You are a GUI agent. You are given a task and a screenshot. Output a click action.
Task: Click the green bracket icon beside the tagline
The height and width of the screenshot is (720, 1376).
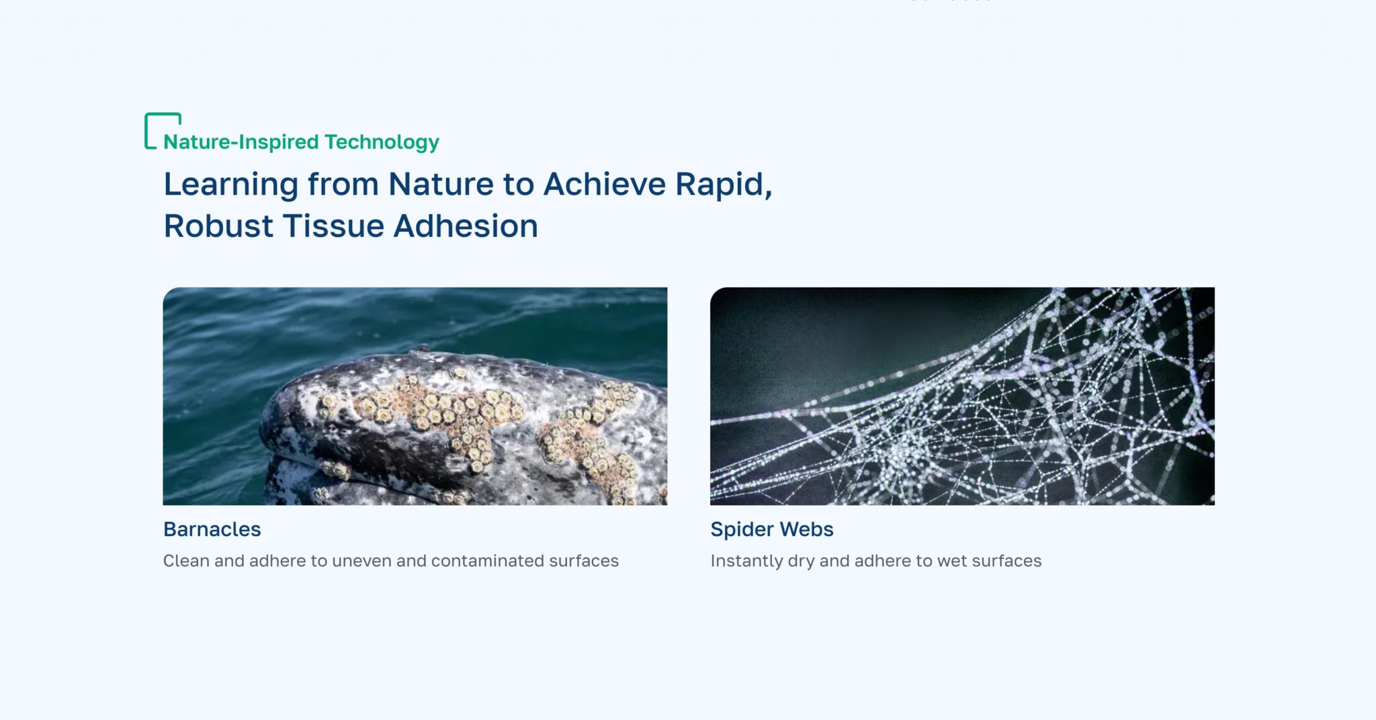click(x=146, y=130)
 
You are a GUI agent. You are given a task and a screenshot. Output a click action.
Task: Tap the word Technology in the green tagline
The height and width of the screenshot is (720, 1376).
click(x=382, y=142)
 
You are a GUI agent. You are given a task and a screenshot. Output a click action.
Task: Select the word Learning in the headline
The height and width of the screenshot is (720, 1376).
click(x=231, y=185)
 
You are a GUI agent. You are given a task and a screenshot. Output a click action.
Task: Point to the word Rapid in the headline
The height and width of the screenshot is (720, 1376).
click(x=724, y=185)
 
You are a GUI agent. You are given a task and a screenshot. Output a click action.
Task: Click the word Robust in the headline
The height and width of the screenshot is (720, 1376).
click(x=218, y=226)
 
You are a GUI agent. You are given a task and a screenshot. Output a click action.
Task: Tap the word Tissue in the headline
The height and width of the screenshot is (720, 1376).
click(x=333, y=226)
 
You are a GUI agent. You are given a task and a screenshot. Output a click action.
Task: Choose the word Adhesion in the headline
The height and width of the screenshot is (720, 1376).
click(x=466, y=226)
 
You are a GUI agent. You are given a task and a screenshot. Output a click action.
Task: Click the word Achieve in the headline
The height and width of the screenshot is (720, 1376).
click(x=605, y=184)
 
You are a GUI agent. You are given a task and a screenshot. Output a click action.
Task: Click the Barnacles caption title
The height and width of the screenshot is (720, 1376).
click(x=212, y=529)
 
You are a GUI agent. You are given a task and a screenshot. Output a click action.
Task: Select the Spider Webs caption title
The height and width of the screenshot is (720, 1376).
click(x=772, y=529)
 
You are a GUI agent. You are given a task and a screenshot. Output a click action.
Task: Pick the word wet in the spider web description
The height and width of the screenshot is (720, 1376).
click(x=951, y=561)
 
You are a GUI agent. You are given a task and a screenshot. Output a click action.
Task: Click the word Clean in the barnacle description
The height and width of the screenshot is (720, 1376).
click(x=186, y=561)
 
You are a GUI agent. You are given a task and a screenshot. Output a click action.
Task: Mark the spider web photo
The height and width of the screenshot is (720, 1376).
click(x=962, y=396)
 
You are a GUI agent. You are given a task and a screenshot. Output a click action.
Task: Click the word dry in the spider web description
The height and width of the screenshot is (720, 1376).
click(x=801, y=561)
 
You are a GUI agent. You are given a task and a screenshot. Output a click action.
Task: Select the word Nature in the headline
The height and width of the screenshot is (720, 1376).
click(x=441, y=185)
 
